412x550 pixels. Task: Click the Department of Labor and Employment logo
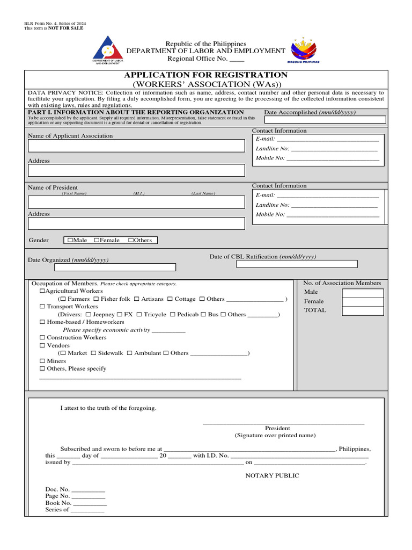[x=108, y=50]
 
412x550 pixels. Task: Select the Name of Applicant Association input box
[x=136, y=146]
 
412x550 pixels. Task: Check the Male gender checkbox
[x=70, y=241]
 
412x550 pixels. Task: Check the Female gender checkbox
[x=97, y=241]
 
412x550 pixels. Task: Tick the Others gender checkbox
[x=131, y=241]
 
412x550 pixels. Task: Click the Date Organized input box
[x=115, y=267]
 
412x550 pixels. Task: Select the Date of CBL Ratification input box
[x=297, y=264]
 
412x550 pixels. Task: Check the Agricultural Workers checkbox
[x=42, y=291]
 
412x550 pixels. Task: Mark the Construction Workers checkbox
[x=42, y=338]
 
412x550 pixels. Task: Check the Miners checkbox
[x=42, y=361]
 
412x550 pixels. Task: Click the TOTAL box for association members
[x=363, y=310]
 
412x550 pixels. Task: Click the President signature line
[x=283, y=422]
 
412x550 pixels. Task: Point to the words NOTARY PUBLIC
[x=272, y=476]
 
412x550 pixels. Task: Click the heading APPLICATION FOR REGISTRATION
[x=206, y=75]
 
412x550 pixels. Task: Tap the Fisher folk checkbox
[x=96, y=299]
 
